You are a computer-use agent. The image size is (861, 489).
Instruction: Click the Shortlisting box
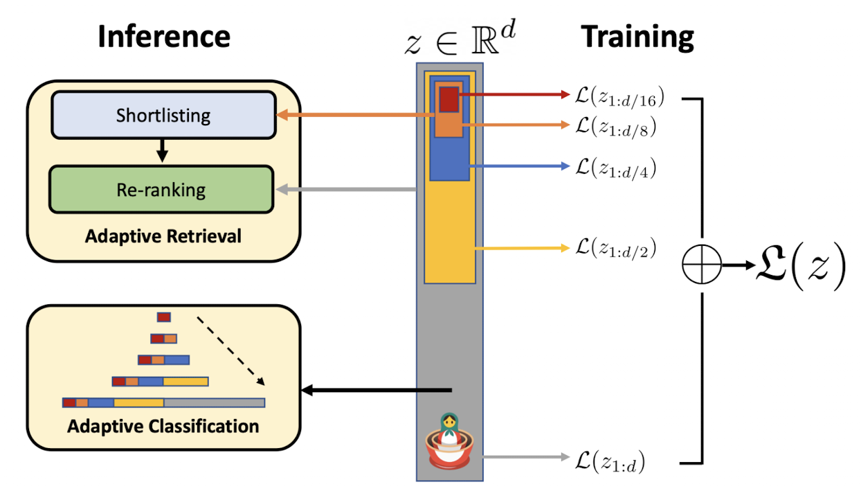tap(163, 114)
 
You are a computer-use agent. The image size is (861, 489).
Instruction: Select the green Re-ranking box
tap(161, 189)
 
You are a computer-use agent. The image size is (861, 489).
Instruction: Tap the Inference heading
tap(163, 36)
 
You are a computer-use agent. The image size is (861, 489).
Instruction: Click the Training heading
tap(637, 36)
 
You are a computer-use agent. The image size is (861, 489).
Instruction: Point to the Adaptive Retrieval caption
tap(163, 236)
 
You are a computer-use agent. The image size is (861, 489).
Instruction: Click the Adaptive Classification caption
tap(163, 425)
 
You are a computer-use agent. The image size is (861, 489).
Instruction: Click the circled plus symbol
tap(702, 265)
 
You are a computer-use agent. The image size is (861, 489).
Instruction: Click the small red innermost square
tap(448, 98)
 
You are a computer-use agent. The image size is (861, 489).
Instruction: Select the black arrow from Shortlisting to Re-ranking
tap(162, 150)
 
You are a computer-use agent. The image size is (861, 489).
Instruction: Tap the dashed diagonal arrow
tap(230, 349)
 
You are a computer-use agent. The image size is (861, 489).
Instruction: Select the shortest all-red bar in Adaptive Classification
tap(163, 317)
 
